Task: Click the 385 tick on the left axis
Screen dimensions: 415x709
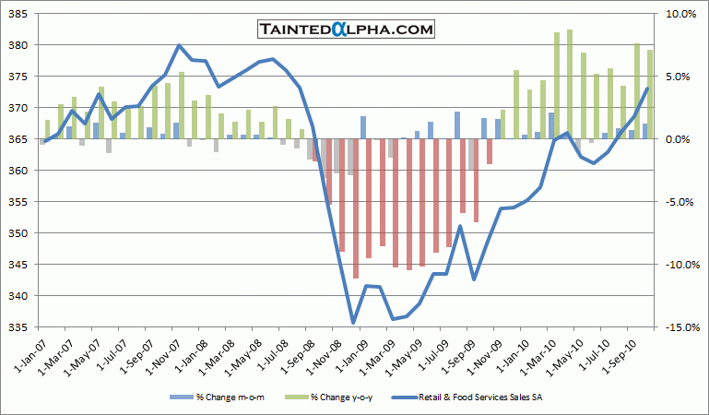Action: [x=20, y=14]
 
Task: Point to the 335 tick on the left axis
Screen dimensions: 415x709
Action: [x=20, y=327]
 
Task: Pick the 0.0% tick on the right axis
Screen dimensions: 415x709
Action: [x=677, y=139]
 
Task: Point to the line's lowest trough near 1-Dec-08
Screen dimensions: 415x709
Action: [x=352, y=323]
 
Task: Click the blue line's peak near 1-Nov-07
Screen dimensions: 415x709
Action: [x=179, y=45]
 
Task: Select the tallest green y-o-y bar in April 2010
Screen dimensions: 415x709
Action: [x=570, y=84]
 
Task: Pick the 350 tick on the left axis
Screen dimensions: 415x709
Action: [x=20, y=233]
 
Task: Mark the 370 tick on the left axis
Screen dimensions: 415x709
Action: [x=20, y=108]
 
